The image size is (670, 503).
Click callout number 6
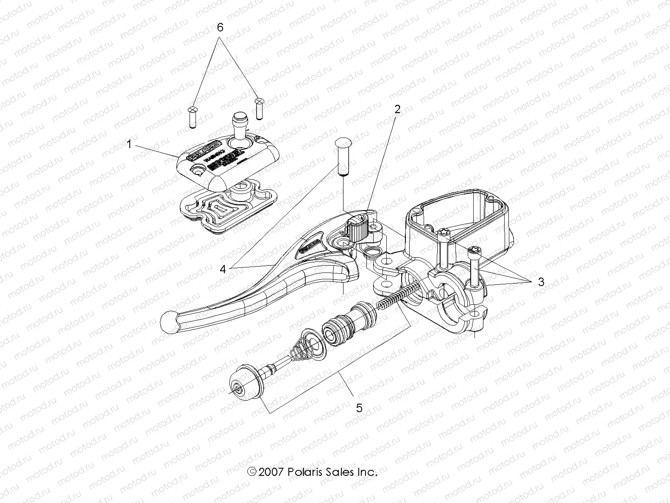pyautogui.click(x=220, y=28)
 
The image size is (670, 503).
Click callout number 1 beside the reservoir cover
pyautogui.click(x=130, y=145)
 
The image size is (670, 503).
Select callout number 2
pyautogui.click(x=397, y=109)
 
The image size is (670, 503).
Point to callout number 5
pyautogui.click(x=359, y=408)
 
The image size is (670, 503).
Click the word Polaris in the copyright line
pyautogui.click(x=304, y=472)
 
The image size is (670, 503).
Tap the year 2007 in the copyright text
pyautogui.click(x=271, y=472)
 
